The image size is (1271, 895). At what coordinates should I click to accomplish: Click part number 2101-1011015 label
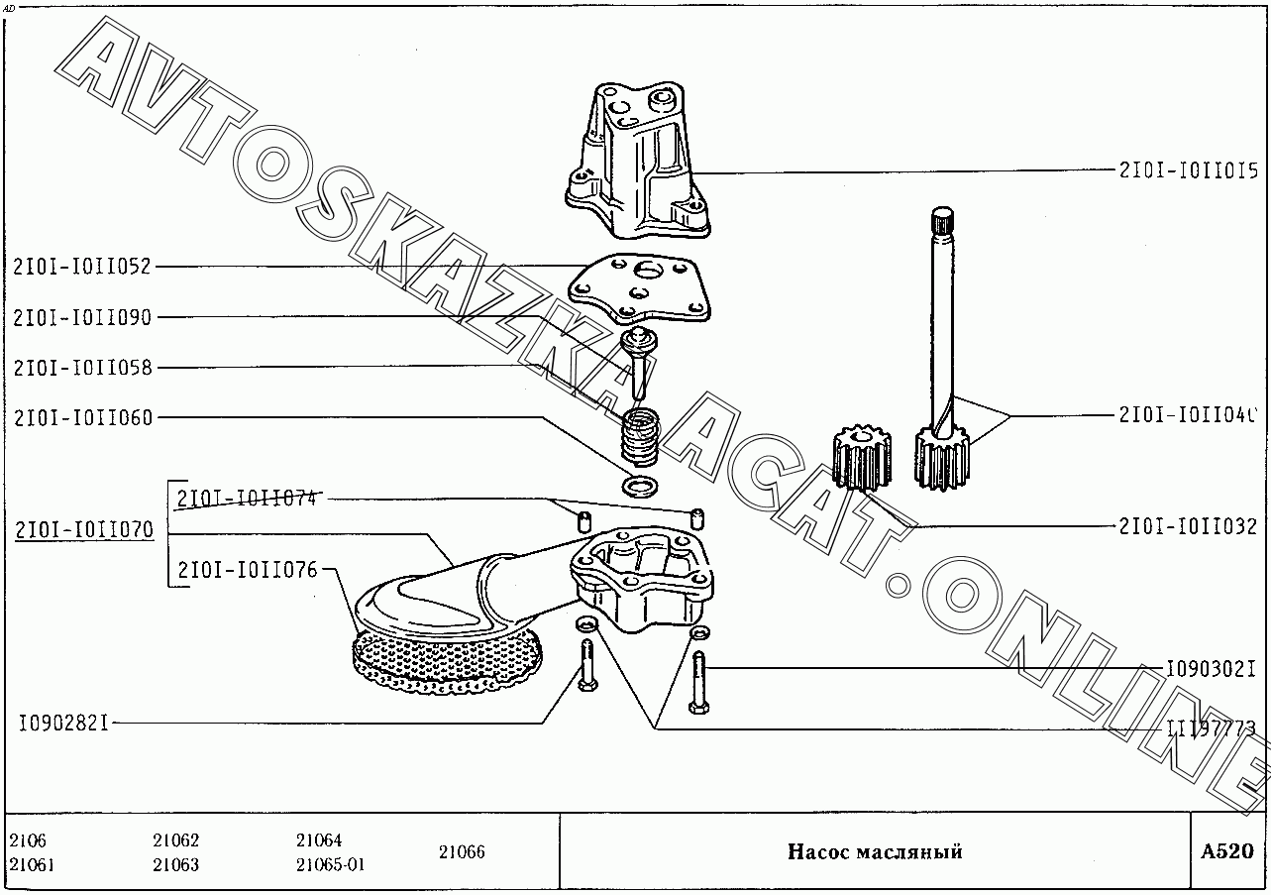coord(1188,170)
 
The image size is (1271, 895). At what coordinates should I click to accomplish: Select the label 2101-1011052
coord(82,266)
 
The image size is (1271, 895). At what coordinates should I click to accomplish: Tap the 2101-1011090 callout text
coord(82,317)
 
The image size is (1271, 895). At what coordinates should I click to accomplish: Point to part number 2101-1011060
coord(83,417)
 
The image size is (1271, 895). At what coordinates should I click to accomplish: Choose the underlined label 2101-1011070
coord(84,530)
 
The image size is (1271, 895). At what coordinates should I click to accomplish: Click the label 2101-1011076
coord(248,570)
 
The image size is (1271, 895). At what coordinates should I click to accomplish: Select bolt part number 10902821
coord(62,723)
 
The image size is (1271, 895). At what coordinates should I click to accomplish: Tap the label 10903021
coord(1211,670)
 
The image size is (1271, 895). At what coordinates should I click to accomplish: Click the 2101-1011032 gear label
coord(1188,526)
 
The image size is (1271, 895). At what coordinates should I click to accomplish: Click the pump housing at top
coord(639,164)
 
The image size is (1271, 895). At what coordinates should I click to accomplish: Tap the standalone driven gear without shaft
coord(862,459)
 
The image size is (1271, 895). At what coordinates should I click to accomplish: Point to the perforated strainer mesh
coord(446,660)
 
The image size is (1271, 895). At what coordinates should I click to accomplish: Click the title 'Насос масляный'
coord(875,851)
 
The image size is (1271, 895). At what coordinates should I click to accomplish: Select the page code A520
coord(1226,851)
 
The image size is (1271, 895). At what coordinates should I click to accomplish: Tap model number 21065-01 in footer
coord(330,864)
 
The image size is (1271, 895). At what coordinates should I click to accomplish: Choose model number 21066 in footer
coord(462,851)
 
